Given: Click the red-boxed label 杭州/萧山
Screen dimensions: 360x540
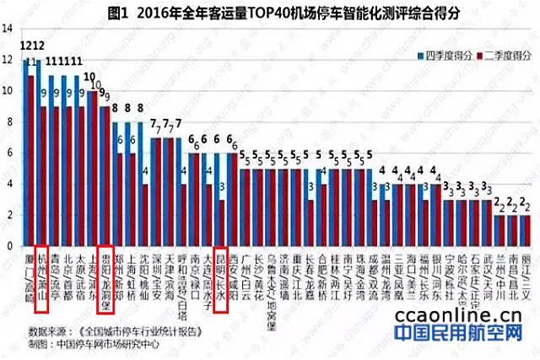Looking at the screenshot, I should [43, 272].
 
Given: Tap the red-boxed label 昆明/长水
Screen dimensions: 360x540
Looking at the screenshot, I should [219, 272].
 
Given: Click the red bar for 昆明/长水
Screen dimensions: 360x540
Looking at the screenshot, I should [222, 223].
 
